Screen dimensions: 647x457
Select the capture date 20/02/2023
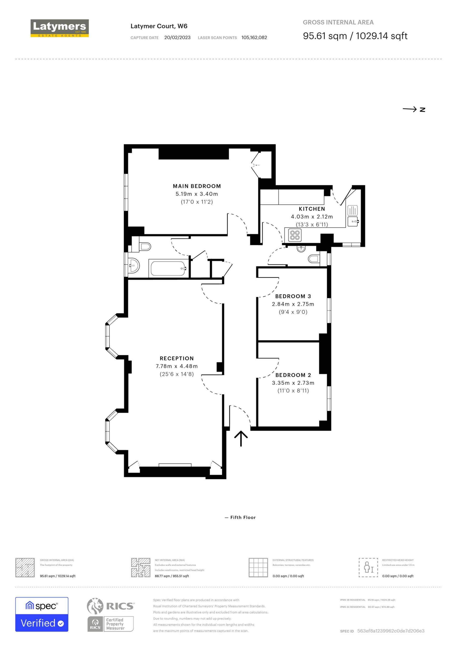click(177, 37)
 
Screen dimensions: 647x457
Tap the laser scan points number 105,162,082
click(254, 37)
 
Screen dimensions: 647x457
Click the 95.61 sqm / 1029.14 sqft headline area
click(355, 36)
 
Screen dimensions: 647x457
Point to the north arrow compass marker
click(414, 109)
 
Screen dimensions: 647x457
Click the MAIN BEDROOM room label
click(197, 186)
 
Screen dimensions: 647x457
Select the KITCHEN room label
click(312, 209)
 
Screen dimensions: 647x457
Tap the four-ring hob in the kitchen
click(295, 235)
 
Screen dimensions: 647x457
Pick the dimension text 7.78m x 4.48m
click(177, 366)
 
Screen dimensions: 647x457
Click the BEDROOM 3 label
click(293, 296)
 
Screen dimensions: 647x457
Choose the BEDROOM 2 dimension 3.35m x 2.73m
click(293, 383)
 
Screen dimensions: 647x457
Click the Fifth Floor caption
click(243, 517)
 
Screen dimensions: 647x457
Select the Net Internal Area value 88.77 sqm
click(172, 576)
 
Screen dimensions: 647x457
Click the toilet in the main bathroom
click(145, 247)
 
